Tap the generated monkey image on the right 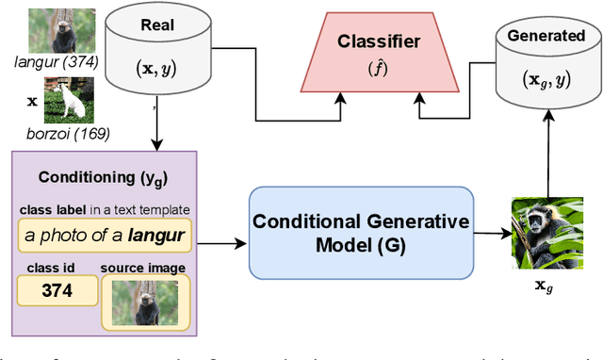(x=545, y=232)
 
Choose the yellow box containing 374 (x=57, y=290)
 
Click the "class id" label (x=43, y=266)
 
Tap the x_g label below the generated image (x=544, y=286)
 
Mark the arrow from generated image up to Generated (x=545, y=151)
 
